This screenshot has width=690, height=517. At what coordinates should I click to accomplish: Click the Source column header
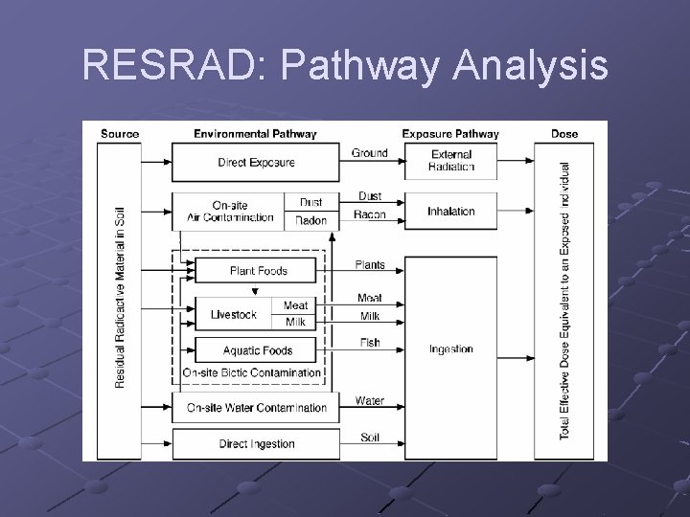tap(119, 133)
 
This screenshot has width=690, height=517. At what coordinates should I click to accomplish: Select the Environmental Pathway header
tap(255, 133)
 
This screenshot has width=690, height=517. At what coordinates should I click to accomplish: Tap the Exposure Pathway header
tap(450, 133)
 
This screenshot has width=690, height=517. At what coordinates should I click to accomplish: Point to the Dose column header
tap(564, 133)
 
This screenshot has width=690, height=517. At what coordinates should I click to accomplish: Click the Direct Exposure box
tap(256, 163)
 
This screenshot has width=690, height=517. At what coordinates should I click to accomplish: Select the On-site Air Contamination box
tap(230, 211)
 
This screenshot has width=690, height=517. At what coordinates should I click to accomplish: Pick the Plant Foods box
tap(258, 271)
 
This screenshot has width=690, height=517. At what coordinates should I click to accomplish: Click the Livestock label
tap(233, 315)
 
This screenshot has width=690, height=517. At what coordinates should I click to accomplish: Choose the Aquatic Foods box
tap(257, 350)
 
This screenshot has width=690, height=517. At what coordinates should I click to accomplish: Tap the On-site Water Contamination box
tap(256, 408)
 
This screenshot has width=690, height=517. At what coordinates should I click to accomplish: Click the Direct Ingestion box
tap(256, 444)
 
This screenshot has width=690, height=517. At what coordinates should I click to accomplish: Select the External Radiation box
tap(451, 161)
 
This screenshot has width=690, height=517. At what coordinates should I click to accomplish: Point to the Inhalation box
tap(451, 212)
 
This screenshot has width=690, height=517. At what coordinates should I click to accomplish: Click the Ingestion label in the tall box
tap(451, 349)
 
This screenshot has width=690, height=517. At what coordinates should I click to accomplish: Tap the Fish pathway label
tap(370, 343)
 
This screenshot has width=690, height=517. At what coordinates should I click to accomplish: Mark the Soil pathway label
tap(370, 438)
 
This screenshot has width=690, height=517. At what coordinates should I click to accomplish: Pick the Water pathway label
tap(370, 400)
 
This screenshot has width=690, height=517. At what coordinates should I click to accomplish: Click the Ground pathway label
tap(370, 153)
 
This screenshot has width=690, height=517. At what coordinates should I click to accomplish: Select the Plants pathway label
tap(370, 265)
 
